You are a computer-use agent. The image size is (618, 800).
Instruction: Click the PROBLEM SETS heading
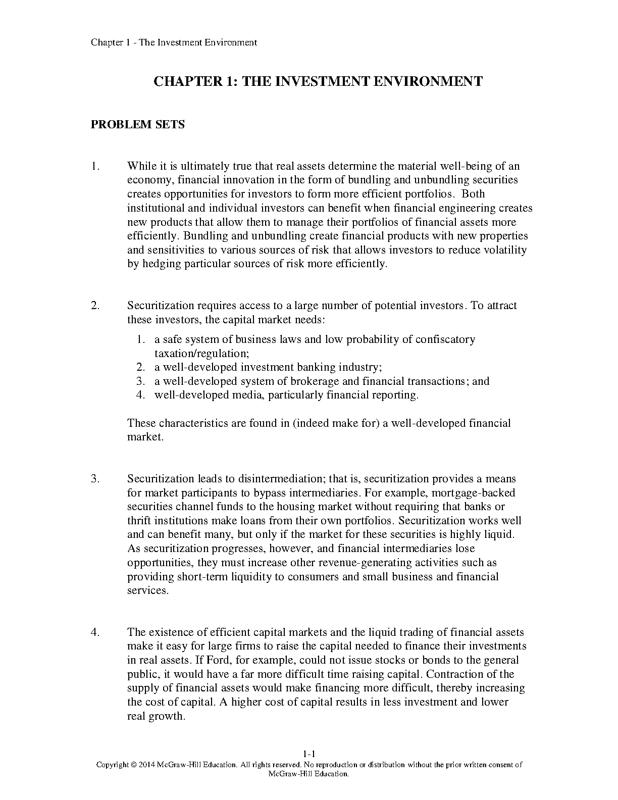coord(137,124)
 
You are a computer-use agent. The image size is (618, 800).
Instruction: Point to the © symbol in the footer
coord(133,765)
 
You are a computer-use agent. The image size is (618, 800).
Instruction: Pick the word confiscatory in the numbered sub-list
coord(445,339)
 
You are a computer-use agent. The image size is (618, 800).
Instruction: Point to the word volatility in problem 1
coord(504,249)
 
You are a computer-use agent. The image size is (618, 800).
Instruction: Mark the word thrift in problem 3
coord(139,520)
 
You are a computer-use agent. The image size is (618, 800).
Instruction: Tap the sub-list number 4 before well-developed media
coord(141,395)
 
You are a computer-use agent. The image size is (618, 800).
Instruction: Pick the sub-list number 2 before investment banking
coord(141,367)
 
